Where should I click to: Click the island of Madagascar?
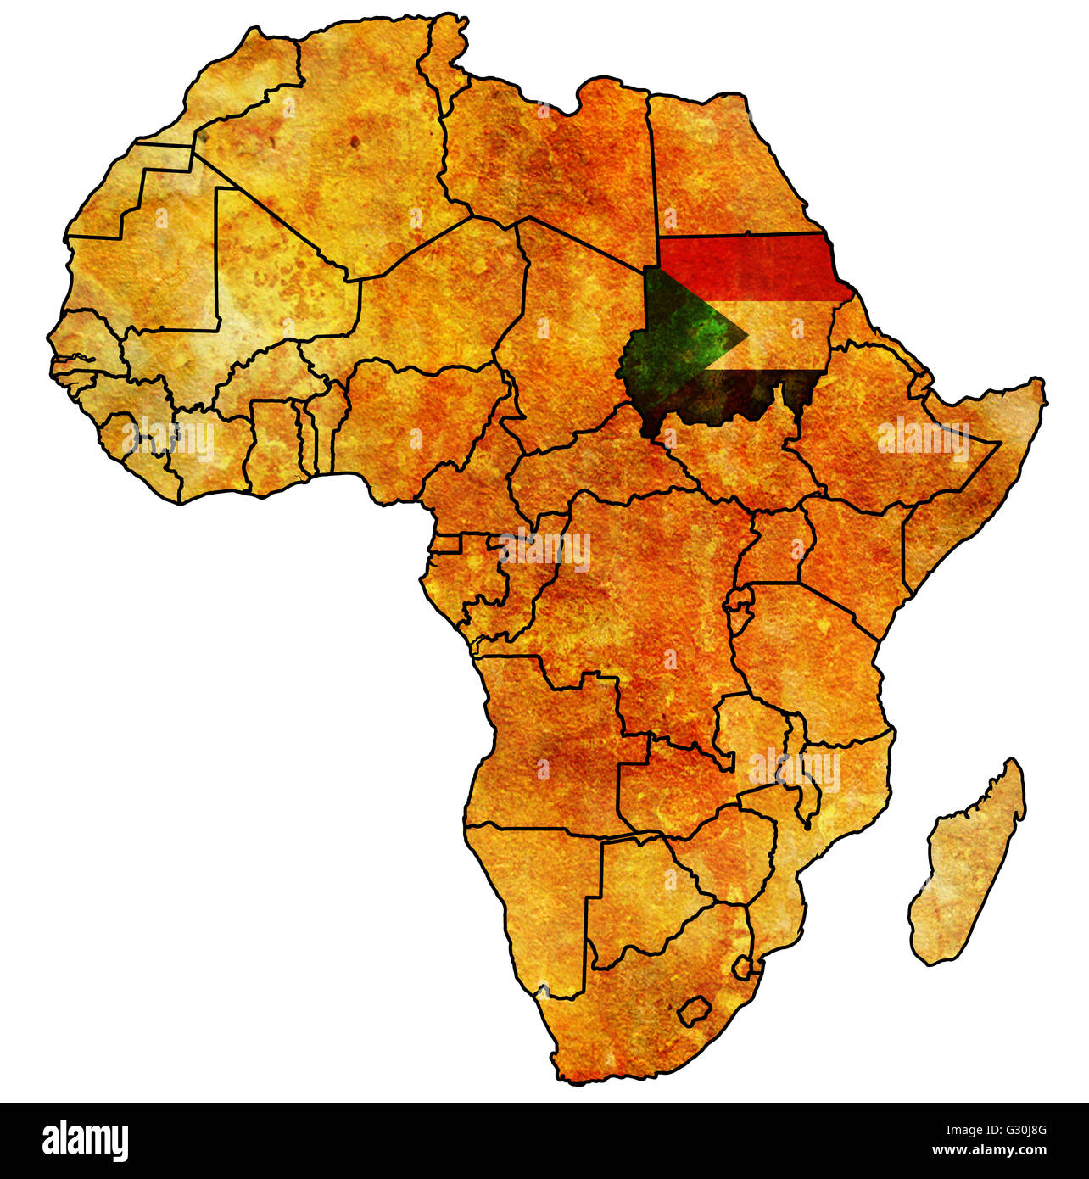[967, 865]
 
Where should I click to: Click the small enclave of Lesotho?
[694, 1010]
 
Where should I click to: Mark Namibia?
[543, 899]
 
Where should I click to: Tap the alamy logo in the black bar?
[86, 1140]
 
